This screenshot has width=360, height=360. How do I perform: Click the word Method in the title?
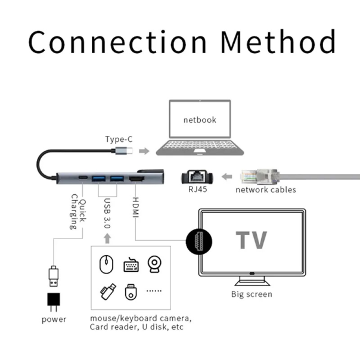tap(278, 42)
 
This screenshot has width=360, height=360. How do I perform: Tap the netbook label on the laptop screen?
tap(200, 119)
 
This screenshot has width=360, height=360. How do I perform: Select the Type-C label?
tap(119, 139)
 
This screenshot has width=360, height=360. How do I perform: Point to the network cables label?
tap(266, 190)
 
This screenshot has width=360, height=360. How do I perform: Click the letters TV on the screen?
tap(251, 240)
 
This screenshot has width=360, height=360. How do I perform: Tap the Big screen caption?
tap(252, 294)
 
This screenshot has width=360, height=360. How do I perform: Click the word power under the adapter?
tap(54, 319)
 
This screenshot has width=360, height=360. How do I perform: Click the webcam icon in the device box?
tap(154, 264)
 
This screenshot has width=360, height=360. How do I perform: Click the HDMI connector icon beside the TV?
tap(194, 241)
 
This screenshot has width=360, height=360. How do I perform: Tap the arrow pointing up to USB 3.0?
tap(108, 238)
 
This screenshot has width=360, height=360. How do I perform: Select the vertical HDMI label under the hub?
tap(136, 209)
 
